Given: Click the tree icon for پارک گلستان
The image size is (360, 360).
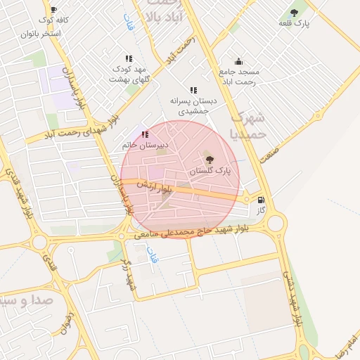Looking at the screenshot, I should [x=209, y=160].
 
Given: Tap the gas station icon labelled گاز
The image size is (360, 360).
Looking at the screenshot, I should [x=261, y=200].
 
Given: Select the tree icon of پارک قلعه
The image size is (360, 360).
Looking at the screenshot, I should [x=294, y=12].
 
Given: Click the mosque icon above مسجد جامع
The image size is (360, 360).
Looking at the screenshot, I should [x=238, y=61].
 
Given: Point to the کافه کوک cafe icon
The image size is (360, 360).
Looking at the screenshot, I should [x=53, y=10].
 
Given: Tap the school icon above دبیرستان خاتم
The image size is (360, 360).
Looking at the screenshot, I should [x=145, y=134].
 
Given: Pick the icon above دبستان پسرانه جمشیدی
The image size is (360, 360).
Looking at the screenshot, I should [x=193, y=90].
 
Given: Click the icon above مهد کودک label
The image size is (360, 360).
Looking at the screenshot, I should [x=128, y=58].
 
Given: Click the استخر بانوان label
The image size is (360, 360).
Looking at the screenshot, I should [x=40, y=34].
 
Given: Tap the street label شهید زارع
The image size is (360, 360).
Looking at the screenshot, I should [x=128, y=274].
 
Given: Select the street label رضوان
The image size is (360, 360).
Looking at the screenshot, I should [x=67, y=322].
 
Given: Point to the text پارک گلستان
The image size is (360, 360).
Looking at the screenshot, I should [x=210, y=171].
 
